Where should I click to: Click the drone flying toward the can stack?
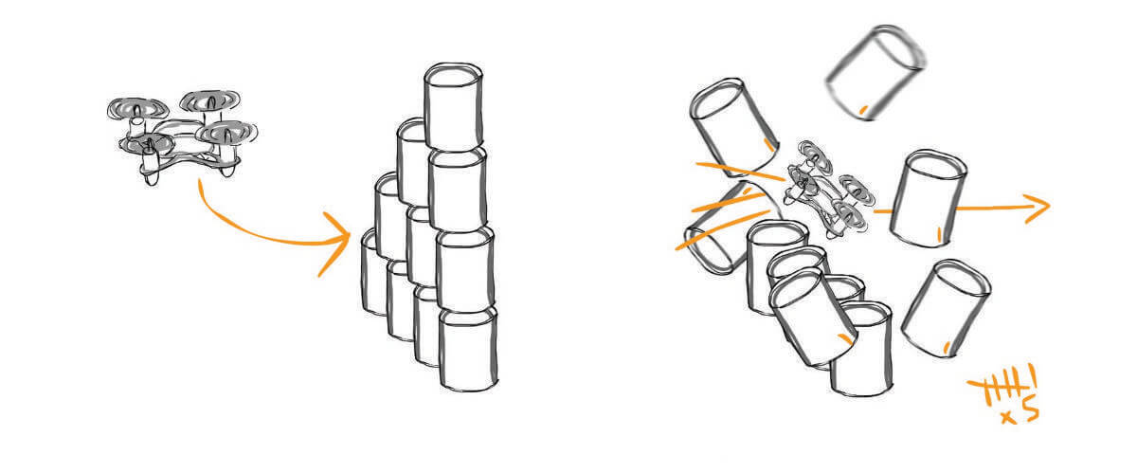click(x=182, y=137)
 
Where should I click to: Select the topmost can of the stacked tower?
click(x=453, y=107)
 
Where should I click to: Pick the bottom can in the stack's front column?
click(x=468, y=350)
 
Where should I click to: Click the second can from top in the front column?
click(x=458, y=189)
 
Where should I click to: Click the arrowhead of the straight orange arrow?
click(x=1038, y=209)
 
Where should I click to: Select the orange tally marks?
click(x=1000, y=387)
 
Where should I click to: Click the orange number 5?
click(x=1030, y=412)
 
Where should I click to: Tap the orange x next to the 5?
click(x=1008, y=418)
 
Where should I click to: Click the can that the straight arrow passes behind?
click(x=928, y=199)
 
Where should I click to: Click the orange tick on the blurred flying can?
click(x=862, y=110)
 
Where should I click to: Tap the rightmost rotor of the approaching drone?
click(x=226, y=133)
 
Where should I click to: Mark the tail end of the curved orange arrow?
click(x=200, y=180)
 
